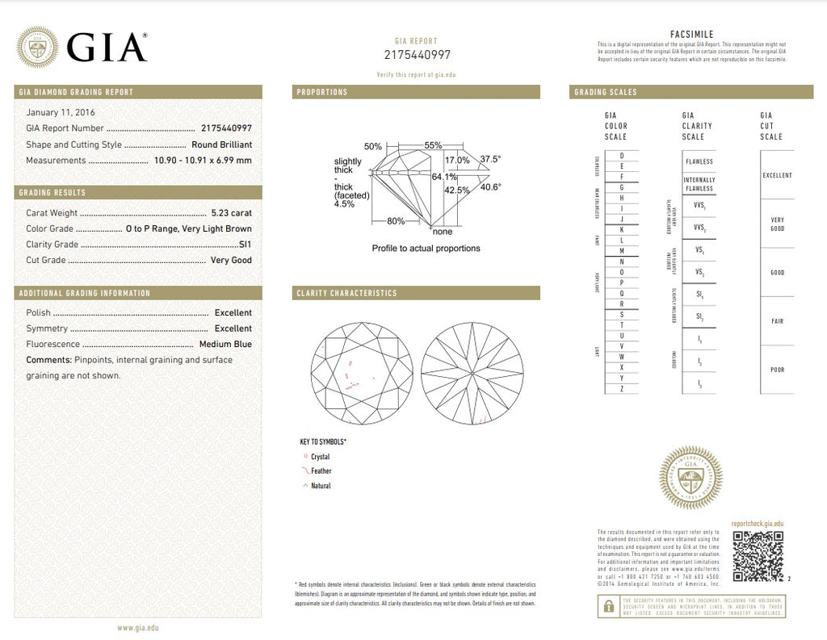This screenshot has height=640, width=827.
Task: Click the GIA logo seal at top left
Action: (x=37, y=47)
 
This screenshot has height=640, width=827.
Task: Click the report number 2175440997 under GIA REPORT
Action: (x=418, y=55)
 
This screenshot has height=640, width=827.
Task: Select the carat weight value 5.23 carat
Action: (x=231, y=213)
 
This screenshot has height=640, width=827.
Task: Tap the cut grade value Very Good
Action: (x=231, y=260)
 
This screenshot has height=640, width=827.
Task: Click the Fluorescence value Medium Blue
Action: (x=225, y=345)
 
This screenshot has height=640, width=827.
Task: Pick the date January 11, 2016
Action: (x=61, y=112)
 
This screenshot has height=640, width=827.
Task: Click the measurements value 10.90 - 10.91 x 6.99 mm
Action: (x=203, y=160)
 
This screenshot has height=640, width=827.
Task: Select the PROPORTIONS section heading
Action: (x=322, y=92)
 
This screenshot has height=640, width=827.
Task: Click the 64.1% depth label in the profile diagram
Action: (x=444, y=176)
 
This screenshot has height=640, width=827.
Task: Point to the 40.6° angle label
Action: (x=491, y=187)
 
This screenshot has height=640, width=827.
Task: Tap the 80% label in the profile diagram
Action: (x=396, y=221)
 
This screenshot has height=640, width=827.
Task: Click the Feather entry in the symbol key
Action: (x=321, y=471)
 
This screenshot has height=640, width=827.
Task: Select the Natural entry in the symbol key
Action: (x=321, y=486)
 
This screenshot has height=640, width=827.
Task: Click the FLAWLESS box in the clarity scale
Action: (x=699, y=161)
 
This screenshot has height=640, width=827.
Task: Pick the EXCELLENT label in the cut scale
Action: (x=777, y=175)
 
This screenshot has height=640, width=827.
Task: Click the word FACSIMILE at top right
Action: (x=691, y=34)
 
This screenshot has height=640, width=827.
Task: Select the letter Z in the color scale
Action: (x=621, y=388)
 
